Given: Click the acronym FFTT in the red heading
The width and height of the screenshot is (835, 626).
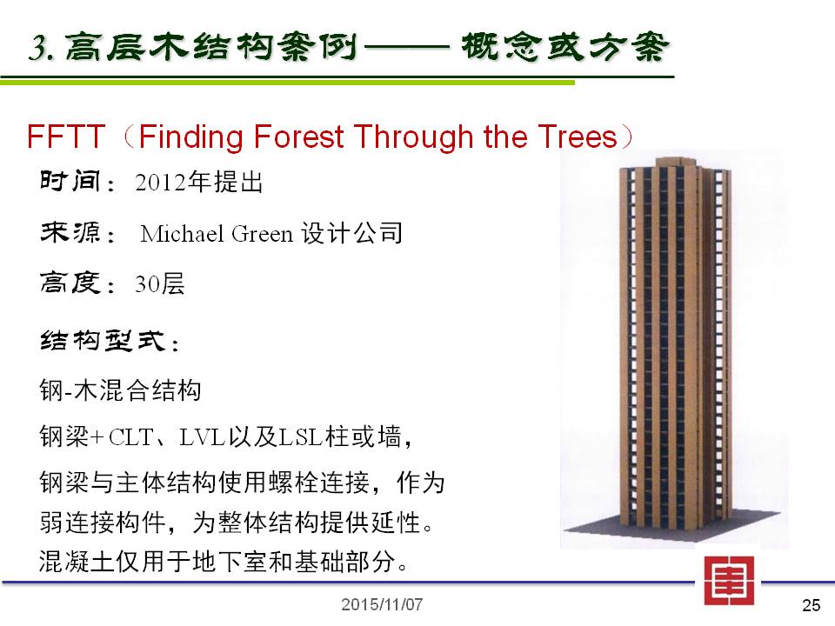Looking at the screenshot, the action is tap(65, 137).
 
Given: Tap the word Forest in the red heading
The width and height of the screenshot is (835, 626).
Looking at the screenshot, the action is tap(298, 137).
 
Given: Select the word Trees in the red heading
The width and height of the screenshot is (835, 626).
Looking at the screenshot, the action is tap(578, 137).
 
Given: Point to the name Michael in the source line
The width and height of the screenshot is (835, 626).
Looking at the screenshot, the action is tap(182, 234).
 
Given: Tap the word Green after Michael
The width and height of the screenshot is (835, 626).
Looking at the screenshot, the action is tap(262, 234).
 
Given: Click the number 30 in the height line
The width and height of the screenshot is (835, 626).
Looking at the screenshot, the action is tap(147, 283).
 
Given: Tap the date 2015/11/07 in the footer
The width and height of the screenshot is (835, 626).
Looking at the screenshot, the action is tap(382, 605).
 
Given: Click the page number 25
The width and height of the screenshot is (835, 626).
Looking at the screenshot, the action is tap(811, 605).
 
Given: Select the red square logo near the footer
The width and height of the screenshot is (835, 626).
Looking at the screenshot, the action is tap(729, 581).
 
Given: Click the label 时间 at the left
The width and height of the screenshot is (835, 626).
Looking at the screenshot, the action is tap(70, 181).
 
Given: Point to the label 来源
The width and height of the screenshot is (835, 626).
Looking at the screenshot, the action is tap(70, 232).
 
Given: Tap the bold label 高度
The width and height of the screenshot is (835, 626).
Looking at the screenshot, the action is tap(70, 283).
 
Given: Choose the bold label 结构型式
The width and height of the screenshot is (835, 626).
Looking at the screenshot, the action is tap(103, 340).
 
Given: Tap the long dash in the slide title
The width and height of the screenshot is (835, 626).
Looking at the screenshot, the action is tap(407, 47).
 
